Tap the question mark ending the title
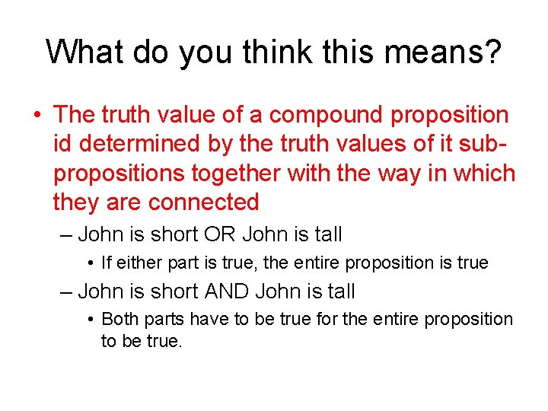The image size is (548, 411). coord(491,52)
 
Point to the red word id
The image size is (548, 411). coord(63,144)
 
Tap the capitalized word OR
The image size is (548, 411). coord(220,234)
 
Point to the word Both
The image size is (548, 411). coord(119,319)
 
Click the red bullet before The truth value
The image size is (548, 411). coord(37,116)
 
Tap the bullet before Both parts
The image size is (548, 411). coord(90,320)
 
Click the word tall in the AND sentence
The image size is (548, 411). coord(340,291)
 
